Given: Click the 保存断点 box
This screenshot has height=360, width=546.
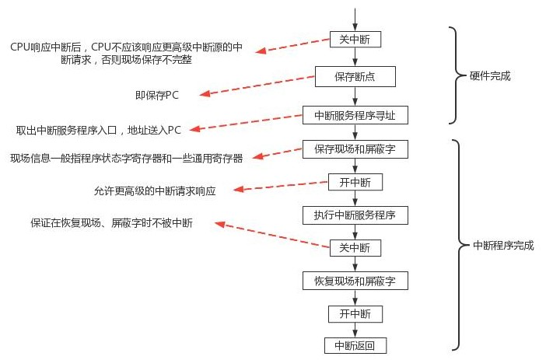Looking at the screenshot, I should (355, 76).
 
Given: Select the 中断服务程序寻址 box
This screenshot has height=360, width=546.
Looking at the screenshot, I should (355, 114).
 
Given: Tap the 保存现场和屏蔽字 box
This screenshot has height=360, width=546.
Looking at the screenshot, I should (355, 148).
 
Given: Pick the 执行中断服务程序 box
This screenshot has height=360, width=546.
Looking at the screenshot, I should (355, 214).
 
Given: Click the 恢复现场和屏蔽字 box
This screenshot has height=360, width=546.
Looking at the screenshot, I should (355, 280).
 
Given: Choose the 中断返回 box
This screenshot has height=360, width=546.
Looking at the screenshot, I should (355, 345).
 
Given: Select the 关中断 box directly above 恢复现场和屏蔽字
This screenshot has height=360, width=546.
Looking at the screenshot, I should (355, 248).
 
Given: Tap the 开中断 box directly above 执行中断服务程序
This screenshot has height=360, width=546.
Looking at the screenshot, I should (355, 182).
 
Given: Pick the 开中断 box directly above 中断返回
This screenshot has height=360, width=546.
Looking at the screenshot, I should (355, 313).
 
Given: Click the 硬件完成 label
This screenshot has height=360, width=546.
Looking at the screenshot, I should (491, 76).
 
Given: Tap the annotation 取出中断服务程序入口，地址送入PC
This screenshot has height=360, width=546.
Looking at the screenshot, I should (99, 129).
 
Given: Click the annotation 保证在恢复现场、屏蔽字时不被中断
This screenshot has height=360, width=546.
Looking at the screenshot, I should (111, 222).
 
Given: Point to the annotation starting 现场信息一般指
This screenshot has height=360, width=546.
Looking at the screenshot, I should (126, 158).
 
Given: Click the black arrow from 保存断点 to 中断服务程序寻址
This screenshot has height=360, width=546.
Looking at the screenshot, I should (355, 96).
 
